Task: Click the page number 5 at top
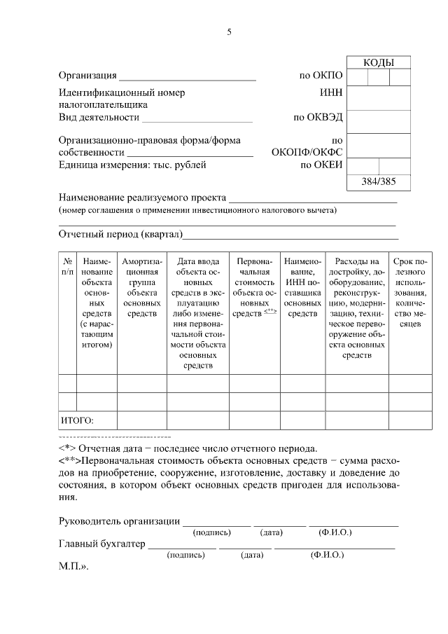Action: pyautogui.click(x=229, y=32)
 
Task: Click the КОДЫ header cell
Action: pyautogui.click(x=379, y=63)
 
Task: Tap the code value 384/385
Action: pyautogui.click(x=379, y=182)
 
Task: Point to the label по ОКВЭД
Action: pyautogui.click(x=318, y=117)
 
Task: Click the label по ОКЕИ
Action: pyautogui.click(x=321, y=165)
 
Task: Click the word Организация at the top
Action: pyautogui.click(x=87, y=76)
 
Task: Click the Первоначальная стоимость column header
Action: pyautogui.click(x=255, y=287)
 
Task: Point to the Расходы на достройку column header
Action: pyautogui.click(x=356, y=308)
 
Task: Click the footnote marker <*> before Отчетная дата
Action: pyautogui.click(x=67, y=448)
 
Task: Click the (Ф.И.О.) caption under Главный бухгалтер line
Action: pyautogui.click(x=327, y=554)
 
